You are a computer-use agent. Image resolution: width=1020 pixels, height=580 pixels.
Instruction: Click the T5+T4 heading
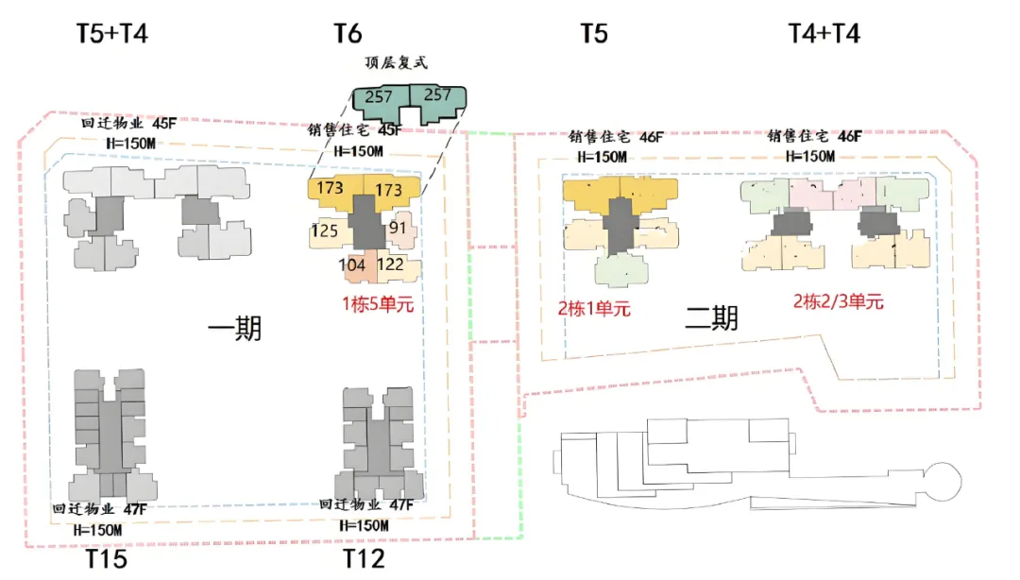click(112, 35)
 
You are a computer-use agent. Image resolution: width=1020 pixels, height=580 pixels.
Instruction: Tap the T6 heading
click(348, 35)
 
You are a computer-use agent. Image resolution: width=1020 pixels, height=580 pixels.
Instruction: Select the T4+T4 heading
click(824, 35)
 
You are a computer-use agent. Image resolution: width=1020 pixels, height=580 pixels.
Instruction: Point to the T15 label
click(107, 559)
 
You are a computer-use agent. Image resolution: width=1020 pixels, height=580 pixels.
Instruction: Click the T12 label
click(364, 559)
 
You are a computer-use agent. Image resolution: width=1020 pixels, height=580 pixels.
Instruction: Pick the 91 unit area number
click(399, 228)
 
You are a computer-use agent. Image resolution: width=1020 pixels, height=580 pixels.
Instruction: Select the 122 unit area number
click(391, 265)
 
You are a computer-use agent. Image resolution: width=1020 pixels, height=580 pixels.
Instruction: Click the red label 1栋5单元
click(378, 305)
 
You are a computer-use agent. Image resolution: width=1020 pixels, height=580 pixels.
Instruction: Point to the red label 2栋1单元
click(593, 308)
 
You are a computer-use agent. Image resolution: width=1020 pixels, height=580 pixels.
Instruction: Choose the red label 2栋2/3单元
click(838, 302)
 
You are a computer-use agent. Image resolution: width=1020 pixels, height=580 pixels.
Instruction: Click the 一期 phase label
click(234, 330)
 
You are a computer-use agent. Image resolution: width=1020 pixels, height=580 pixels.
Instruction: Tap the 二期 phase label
click(711, 319)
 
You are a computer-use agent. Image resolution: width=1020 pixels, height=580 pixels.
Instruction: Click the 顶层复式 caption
click(397, 64)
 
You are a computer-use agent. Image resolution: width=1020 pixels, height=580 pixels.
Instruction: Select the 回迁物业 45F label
click(128, 124)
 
